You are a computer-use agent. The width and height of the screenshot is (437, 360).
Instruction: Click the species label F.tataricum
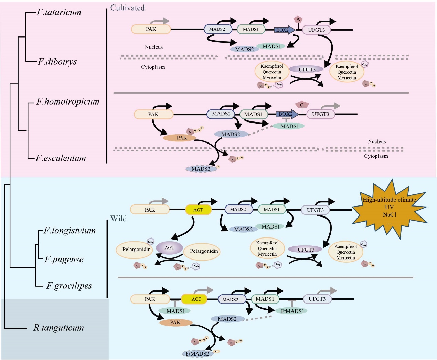(x=59, y=12)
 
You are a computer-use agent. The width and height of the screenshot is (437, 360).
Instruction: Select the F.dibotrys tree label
(x=57, y=62)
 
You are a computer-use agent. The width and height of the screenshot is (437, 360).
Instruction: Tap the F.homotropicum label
(x=68, y=102)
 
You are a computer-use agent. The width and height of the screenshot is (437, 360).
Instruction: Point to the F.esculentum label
(x=61, y=158)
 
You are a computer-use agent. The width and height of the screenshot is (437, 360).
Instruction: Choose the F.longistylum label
(x=70, y=230)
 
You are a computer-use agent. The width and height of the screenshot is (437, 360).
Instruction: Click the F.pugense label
(x=64, y=259)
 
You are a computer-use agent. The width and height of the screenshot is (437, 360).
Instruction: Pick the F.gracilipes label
(x=69, y=286)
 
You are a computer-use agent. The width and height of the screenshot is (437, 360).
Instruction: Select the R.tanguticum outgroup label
(x=58, y=328)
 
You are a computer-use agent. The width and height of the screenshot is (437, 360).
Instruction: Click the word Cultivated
(x=127, y=8)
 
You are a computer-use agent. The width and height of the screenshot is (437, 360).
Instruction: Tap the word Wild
(x=118, y=219)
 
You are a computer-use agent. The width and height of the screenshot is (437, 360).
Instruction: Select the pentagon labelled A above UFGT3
(x=298, y=19)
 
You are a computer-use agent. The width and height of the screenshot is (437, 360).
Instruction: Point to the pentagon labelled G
(x=302, y=105)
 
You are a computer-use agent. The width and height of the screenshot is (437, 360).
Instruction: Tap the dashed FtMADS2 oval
(x=197, y=353)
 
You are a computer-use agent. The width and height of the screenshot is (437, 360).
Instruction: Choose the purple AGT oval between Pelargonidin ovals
(x=169, y=248)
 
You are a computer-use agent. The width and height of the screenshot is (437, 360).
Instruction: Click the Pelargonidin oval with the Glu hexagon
(x=137, y=250)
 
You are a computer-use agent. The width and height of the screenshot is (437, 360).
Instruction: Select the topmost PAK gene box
(x=151, y=29)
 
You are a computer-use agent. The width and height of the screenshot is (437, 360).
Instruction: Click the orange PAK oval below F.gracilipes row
(x=175, y=322)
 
